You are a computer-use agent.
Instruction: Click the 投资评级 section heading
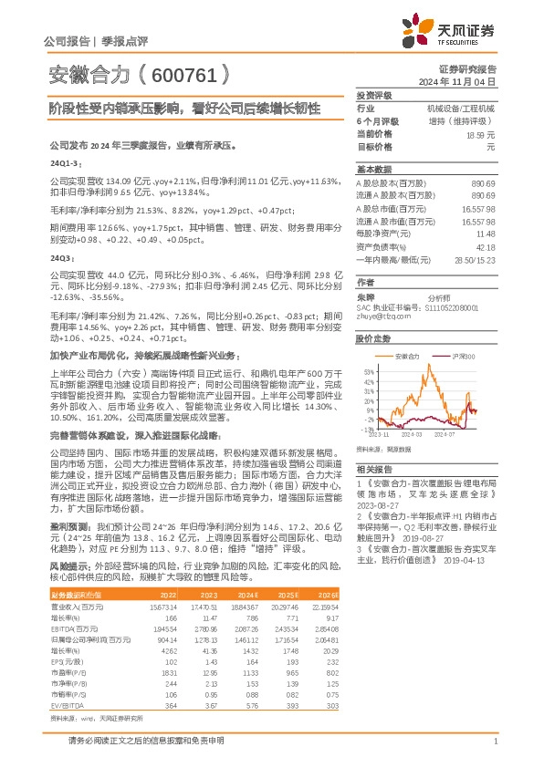[x=373, y=95]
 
